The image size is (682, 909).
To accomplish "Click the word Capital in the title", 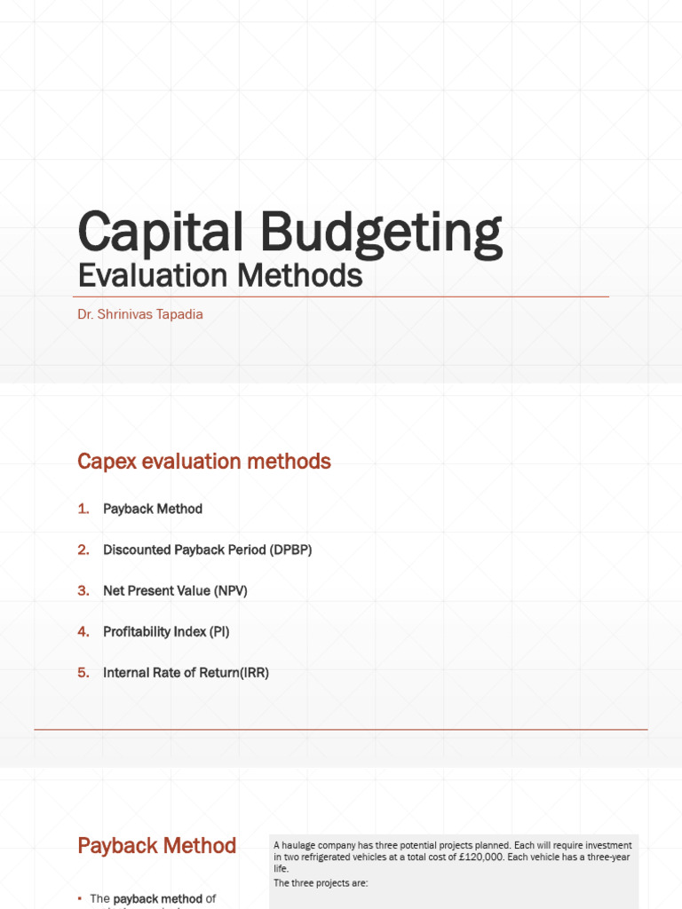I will click(161, 233).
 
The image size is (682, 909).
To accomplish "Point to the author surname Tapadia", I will click(178, 314).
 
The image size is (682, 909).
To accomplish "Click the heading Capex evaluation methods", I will click(204, 462).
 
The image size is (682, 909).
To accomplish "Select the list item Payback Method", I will click(153, 509).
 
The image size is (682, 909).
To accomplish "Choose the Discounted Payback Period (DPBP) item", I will click(207, 549).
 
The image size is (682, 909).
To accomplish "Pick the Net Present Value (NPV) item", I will click(175, 590).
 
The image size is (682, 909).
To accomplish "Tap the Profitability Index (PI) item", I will click(166, 631).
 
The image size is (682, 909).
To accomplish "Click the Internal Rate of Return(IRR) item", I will click(186, 672).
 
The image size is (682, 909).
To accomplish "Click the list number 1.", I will click(83, 509).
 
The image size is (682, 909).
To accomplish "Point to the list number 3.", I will click(83, 590).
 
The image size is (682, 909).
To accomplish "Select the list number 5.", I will click(83, 672).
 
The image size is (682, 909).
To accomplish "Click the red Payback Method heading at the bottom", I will click(157, 846).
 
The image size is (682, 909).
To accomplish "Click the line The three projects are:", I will click(321, 883).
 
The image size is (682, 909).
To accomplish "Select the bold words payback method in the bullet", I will click(158, 899).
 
